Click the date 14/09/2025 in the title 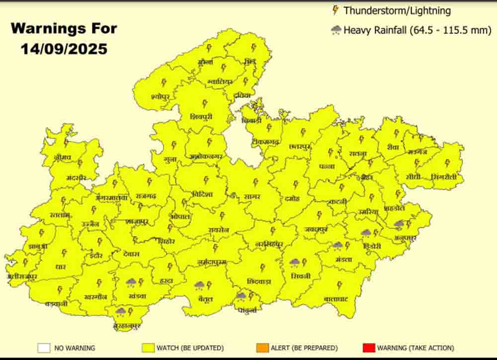click(64, 49)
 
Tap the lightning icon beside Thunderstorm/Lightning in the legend click(335, 10)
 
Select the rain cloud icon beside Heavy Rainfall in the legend click(336, 30)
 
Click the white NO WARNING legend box click(44, 348)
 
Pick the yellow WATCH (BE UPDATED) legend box click(148, 348)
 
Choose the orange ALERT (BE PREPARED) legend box click(263, 348)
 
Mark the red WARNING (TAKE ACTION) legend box click(368, 348)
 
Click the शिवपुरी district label click(201, 116)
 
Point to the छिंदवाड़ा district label click(259, 281)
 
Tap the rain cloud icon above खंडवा click(131, 282)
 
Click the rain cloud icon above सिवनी click(295, 262)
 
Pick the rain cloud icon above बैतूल click(200, 285)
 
